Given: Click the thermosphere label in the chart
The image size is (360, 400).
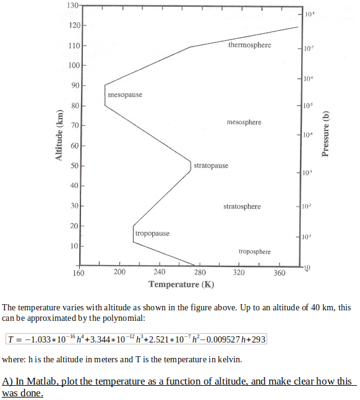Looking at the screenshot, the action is (x=249, y=45).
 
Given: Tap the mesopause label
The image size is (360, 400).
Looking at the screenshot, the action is (x=125, y=95).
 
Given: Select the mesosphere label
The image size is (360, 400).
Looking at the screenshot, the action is (x=244, y=122).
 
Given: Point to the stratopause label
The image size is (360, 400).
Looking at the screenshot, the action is (x=211, y=166).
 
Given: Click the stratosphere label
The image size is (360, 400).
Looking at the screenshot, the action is (x=242, y=206).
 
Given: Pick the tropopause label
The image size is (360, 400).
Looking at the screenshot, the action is (x=152, y=234).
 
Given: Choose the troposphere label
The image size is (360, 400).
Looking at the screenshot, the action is (x=254, y=252).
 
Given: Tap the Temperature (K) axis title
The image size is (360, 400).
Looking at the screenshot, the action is (x=182, y=284).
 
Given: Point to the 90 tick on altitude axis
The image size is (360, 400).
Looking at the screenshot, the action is (x=74, y=85).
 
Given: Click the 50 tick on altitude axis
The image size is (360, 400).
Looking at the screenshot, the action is (x=74, y=166).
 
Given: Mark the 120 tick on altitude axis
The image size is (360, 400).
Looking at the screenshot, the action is (x=72, y=25).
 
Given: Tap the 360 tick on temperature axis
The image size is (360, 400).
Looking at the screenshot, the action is (x=279, y=272).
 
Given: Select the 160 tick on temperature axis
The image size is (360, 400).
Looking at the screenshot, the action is (x=79, y=272).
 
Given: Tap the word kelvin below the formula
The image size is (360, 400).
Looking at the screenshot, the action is (x=215, y=359).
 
